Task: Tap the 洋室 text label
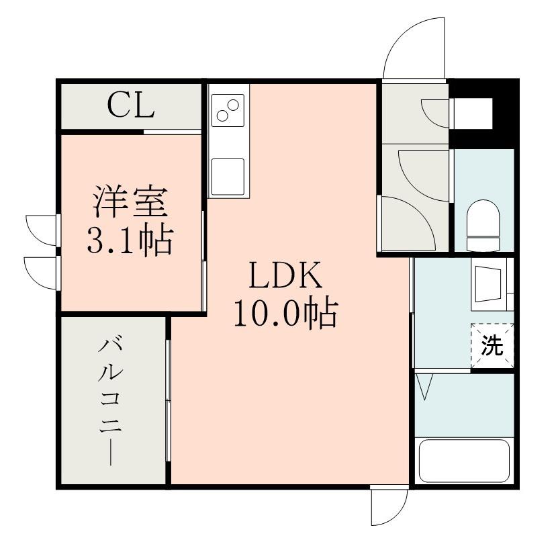tap(130, 201)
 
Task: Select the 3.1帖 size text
tap(130, 240)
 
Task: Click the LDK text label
tap(286, 275)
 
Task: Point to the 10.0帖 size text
tap(285, 312)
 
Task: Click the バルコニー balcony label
tap(111, 402)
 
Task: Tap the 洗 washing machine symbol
tap(492, 345)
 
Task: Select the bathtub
tap(465, 461)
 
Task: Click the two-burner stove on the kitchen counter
tap(228, 110)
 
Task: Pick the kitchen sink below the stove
tap(228, 177)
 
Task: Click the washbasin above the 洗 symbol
tap(488, 285)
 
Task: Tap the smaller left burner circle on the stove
tap(222, 116)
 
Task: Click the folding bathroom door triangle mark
tap(425, 386)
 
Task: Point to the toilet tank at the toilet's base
tap(483, 244)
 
